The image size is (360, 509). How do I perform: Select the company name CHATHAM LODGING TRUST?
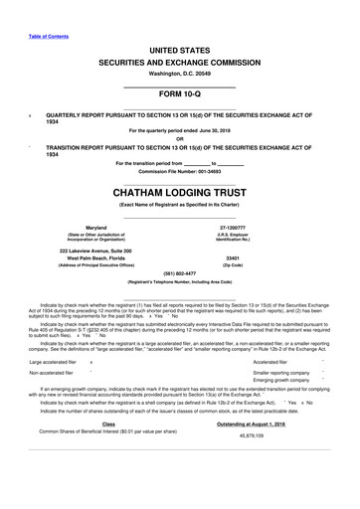(179, 188)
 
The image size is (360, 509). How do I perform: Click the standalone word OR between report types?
(179, 138)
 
